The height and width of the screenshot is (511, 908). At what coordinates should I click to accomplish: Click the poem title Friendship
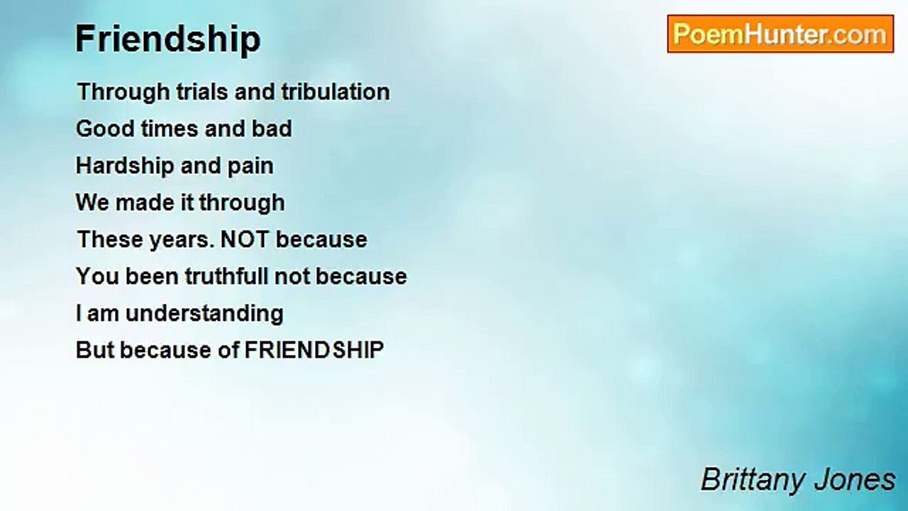pyautogui.click(x=168, y=40)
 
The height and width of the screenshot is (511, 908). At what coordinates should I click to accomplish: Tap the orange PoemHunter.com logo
pyautogui.click(x=780, y=34)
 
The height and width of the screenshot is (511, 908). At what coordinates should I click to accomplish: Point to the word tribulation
pyautogui.click(x=336, y=92)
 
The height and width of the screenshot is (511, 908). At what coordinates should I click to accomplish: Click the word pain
pyautogui.click(x=250, y=167)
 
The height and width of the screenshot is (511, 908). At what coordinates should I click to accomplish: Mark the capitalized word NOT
pyautogui.click(x=244, y=239)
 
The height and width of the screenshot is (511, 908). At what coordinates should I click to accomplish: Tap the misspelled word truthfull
pyautogui.click(x=226, y=276)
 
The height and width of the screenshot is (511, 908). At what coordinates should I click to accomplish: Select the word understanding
pyautogui.click(x=204, y=314)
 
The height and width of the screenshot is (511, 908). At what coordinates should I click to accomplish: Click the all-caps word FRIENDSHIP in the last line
pyautogui.click(x=314, y=350)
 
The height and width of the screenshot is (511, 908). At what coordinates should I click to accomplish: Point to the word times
pyautogui.click(x=170, y=128)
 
